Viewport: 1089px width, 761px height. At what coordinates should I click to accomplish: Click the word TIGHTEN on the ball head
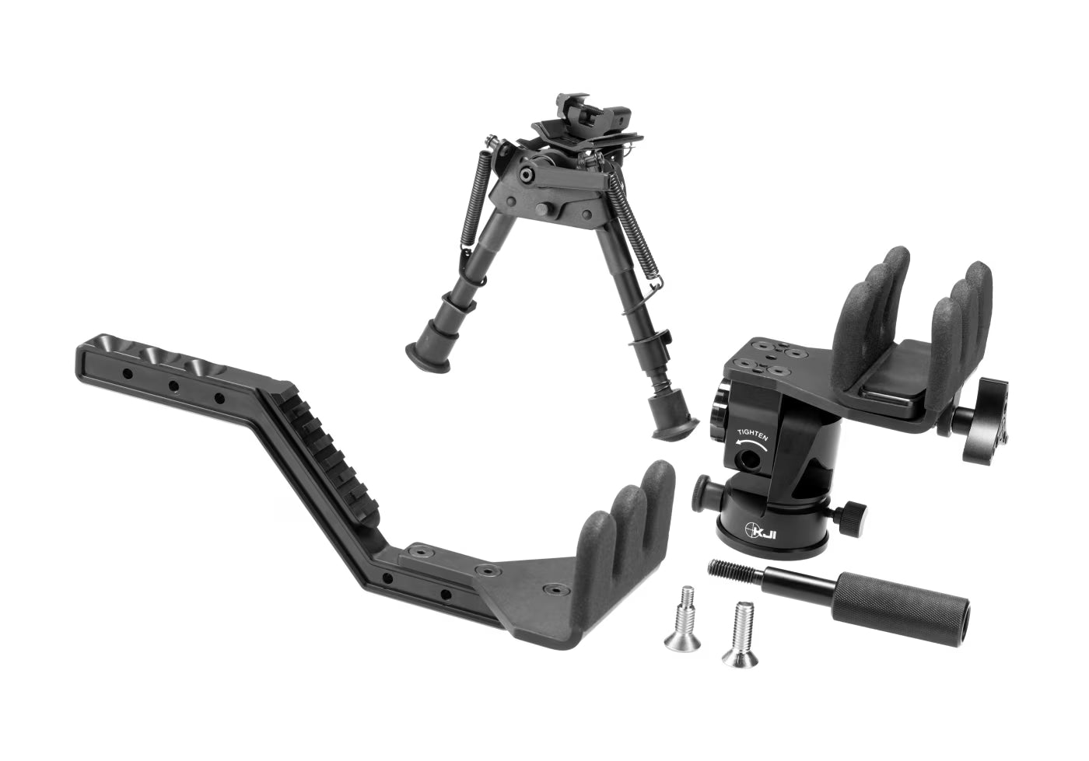pos(752,434)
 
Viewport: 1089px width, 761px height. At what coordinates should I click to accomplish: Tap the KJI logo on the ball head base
pos(759,531)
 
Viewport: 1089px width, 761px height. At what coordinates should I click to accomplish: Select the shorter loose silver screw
pos(678,628)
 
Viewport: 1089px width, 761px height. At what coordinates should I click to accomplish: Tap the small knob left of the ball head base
pos(702,491)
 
